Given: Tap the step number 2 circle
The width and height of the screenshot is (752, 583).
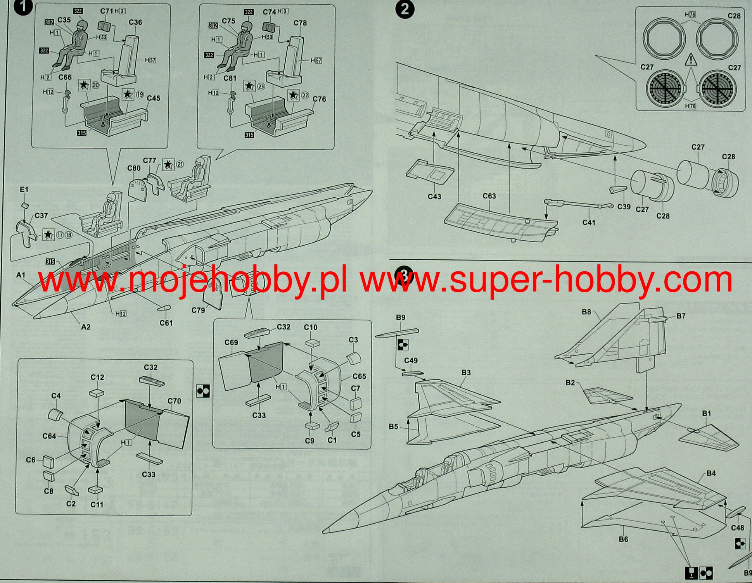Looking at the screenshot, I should tap(405, 9).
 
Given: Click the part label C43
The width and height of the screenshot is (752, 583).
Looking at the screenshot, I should tap(434, 197).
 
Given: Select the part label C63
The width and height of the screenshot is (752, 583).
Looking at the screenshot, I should tap(489, 196).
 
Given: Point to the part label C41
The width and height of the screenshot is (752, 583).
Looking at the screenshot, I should tap(588, 222).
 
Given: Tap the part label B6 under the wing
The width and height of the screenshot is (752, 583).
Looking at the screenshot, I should tap(623, 539).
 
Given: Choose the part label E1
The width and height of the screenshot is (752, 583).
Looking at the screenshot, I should tap(24, 190).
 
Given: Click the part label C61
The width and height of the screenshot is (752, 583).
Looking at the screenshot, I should tap(166, 323).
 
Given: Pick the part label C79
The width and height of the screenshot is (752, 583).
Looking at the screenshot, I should tap(198, 310).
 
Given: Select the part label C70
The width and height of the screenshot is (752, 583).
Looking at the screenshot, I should tap(174, 401).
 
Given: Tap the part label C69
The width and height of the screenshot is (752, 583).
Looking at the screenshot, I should tap(231, 342).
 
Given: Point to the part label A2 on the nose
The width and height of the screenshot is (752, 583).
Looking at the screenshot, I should tap(86, 327).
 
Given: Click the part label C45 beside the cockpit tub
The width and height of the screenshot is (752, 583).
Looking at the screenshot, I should tap(153, 98).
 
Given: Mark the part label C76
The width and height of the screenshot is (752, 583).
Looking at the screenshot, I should tap(319, 99).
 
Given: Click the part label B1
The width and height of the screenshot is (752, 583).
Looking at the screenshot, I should tap(706, 413).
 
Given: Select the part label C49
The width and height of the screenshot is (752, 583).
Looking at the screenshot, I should tap(411, 360).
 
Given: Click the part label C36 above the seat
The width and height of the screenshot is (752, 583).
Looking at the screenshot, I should tap(135, 22).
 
